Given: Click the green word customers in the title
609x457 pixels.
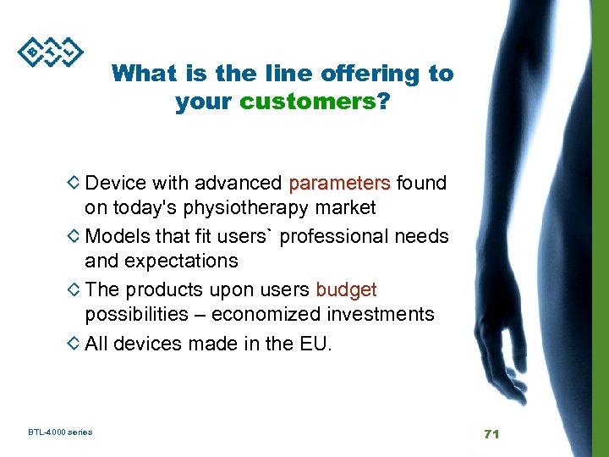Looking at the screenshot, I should tap(307, 103).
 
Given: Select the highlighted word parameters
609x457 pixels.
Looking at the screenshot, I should tap(339, 183).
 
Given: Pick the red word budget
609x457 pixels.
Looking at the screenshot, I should tap(346, 289).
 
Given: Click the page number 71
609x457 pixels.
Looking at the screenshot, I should tap(491, 433).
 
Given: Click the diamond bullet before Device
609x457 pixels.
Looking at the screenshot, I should tap(74, 183).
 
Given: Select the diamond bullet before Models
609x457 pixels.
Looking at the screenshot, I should tap(74, 236).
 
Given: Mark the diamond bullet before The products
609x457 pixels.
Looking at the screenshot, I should tap(74, 289).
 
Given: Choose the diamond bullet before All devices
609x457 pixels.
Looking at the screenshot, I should tap(74, 344).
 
